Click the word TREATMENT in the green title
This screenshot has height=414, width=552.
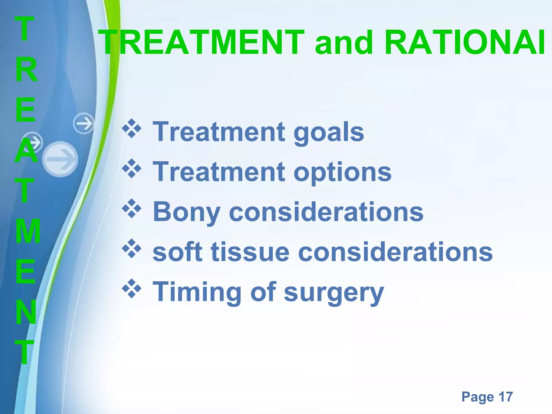(201, 43)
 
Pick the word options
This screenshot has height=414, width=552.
(342, 173)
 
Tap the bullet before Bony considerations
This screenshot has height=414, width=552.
(132, 209)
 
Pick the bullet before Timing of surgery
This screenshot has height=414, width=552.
(132, 289)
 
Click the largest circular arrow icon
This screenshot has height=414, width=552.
(60, 159)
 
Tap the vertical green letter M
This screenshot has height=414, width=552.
(28, 231)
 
